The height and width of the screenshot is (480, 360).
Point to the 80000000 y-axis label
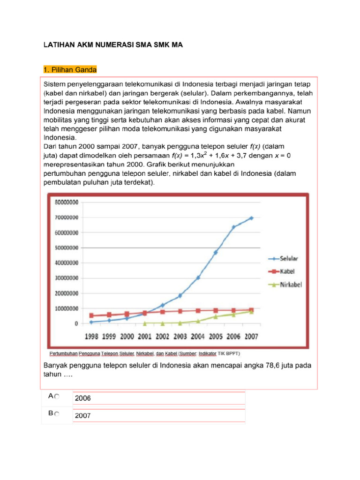(x=67, y=202)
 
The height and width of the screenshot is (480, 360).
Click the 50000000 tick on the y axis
(x=67, y=248)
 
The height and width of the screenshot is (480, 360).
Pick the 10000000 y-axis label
(x=67, y=308)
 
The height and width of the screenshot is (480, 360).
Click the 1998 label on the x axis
(x=91, y=337)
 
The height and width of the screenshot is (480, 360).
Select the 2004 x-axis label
(x=197, y=337)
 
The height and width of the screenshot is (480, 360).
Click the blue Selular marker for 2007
(x=251, y=218)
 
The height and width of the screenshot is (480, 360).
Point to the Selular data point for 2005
(x=216, y=252)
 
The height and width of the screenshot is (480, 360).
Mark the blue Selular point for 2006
(x=233, y=227)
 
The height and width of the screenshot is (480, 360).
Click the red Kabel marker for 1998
(x=91, y=316)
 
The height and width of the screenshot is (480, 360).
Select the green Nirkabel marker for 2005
(x=216, y=316)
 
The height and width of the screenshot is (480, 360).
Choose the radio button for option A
(x=57, y=397)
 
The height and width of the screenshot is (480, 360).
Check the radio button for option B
(x=57, y=414)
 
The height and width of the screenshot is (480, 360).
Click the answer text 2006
(x=83, y=398)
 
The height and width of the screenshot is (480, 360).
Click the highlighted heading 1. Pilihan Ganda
(x=70, y=70)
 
